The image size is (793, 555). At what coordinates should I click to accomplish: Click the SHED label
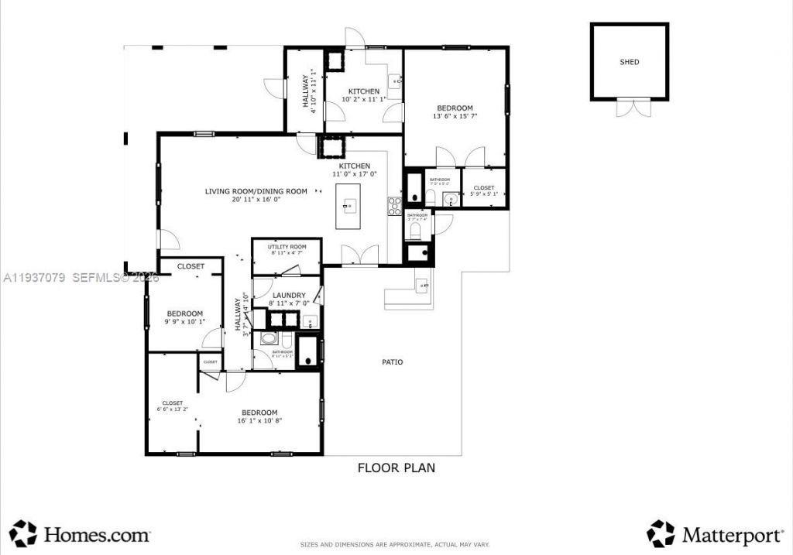[x=630, y=62]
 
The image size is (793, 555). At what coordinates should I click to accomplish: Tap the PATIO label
[x=392, y=361]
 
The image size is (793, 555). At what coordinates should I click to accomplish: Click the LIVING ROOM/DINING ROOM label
[x=256, y=191]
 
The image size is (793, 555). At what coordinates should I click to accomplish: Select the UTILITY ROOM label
[x=287, y=247]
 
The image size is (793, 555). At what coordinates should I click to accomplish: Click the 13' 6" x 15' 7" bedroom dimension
[x=455, y=117]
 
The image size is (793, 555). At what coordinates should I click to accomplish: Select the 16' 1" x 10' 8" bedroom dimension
[x=259, y=421]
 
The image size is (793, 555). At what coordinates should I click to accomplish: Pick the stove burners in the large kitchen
[x=394, y=206]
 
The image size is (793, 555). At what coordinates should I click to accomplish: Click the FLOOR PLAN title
[x=396, y=468]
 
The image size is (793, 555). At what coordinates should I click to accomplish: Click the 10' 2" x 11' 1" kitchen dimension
[x=363, y=100]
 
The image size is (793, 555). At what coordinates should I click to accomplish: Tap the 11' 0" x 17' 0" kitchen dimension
[x=354, y=174]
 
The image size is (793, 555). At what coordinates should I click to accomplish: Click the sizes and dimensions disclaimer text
[x=396, y=544]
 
